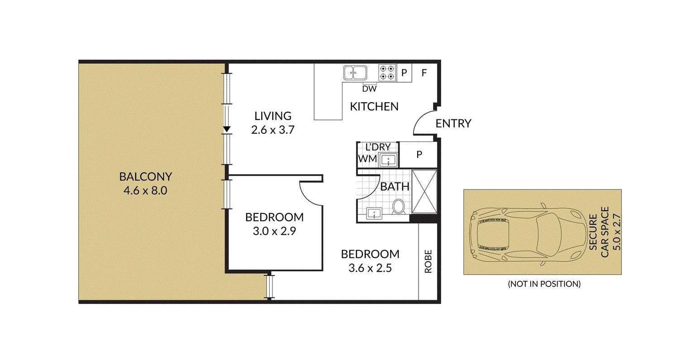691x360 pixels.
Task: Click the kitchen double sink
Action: (355, 73)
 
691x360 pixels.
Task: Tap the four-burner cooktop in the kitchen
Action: (387, 73)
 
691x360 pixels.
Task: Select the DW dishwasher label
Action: (369, 89)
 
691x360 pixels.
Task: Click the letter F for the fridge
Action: (424, 72)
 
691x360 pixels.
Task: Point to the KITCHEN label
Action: (374, 107)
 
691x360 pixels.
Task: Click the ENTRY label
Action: (453, 123)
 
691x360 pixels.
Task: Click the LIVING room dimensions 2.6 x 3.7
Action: (273, 130)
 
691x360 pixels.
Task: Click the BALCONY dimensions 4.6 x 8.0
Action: (145, 191)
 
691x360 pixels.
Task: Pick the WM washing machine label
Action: (367, 159)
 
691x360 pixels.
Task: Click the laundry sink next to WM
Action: (388, 160)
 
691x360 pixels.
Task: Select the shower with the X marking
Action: (424, 191)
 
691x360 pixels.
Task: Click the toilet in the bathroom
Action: (399, 207)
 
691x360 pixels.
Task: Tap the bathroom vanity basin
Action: (374, 213)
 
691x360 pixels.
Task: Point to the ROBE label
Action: (428, 261)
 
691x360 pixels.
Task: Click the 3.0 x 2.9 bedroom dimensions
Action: (274, 232)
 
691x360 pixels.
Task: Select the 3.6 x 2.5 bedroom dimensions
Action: (370, 268)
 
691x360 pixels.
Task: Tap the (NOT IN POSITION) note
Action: (544, 284)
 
